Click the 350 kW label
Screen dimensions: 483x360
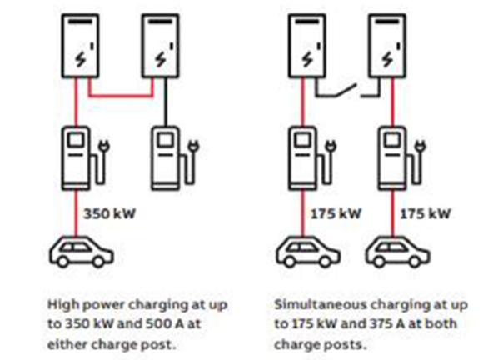[109, 213]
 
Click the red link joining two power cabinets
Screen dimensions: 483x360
[121, 95]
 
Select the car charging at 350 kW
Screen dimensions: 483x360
[81, 252]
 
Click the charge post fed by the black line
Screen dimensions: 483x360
[175, 157]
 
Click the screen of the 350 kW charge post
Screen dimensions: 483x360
[76, 140]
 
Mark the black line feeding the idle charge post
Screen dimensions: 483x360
[166, 102]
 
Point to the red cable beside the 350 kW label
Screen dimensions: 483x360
[76, 212]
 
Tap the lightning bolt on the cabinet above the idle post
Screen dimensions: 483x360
[161, 59]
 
